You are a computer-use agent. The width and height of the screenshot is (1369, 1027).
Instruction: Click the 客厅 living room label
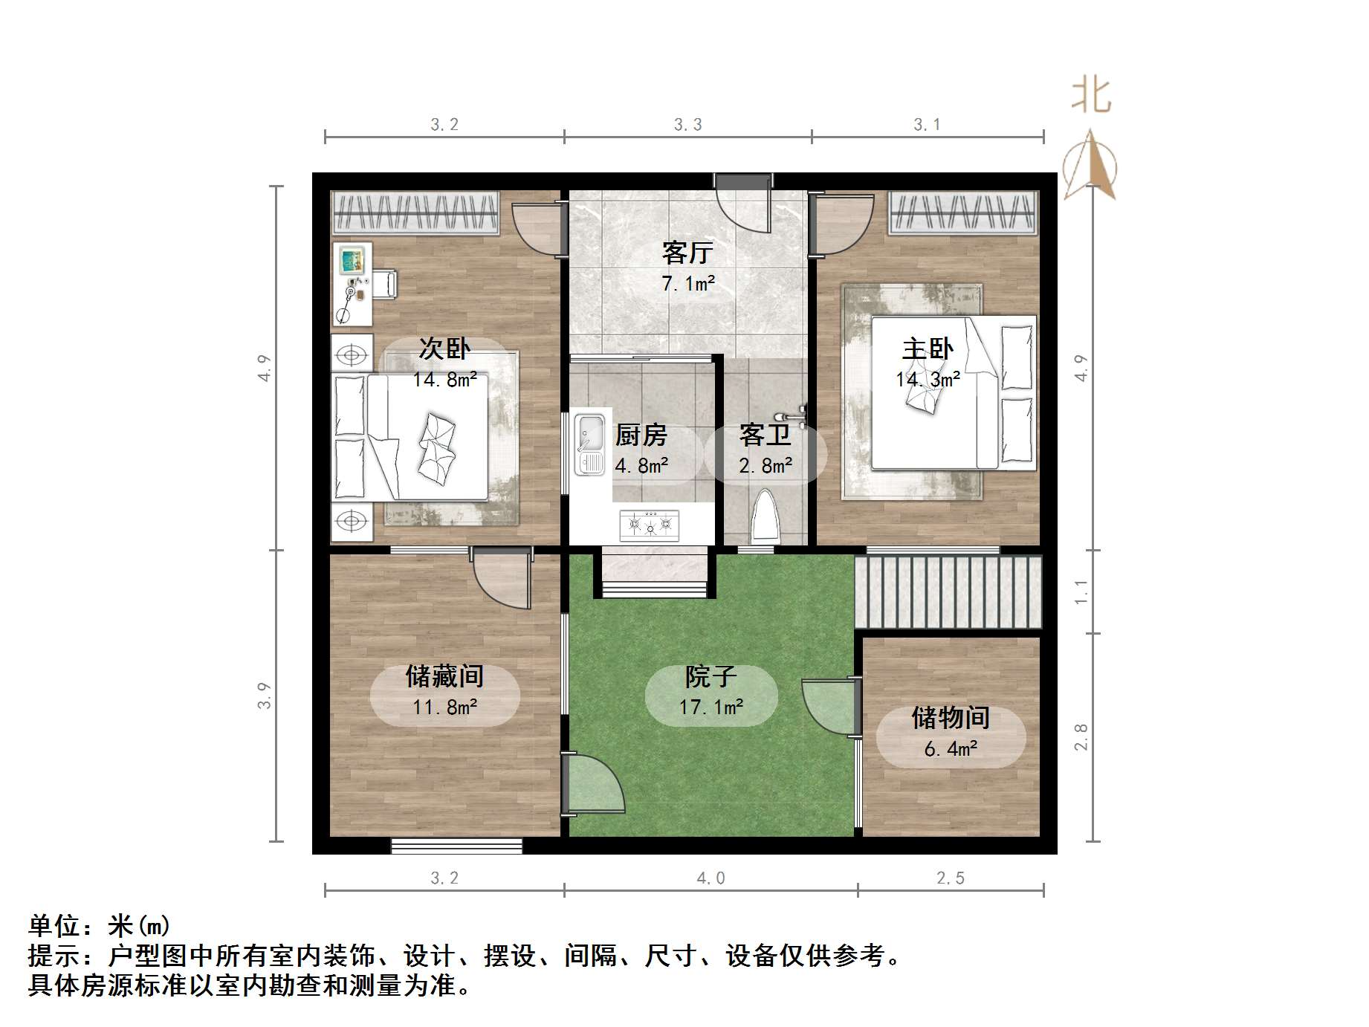[x=687, y=253]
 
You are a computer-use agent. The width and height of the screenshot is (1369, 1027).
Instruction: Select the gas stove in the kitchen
[x=650, y=524]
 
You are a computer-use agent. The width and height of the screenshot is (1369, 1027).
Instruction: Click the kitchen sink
[x=591, y=444]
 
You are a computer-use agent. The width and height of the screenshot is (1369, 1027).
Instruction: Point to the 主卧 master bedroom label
[x=928, y=349]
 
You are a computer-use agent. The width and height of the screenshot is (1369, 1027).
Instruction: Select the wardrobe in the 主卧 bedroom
[x=963, y=213]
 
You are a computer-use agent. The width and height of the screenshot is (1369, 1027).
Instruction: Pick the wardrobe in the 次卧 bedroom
[x=415, y=213]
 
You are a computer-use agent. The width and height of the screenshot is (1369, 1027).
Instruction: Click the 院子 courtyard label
[x=711, y=676]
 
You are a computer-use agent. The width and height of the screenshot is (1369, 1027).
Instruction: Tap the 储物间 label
[x=951, y=718]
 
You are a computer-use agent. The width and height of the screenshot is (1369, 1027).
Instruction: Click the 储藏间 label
[x=444, y=676]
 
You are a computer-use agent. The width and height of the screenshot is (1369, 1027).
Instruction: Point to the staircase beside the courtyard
[x=948, y=592]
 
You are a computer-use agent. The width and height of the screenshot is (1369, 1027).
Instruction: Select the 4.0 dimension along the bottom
[x=711, y=878]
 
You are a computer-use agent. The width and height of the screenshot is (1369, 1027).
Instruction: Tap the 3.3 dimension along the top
[x=687, y=125]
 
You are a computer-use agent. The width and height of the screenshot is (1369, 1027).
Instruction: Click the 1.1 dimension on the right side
[x=1081, y=592]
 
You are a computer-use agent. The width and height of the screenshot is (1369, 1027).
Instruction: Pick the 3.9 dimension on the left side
[x=265, y=696]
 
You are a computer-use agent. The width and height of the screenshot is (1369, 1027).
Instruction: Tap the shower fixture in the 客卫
[x=792, y=416]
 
